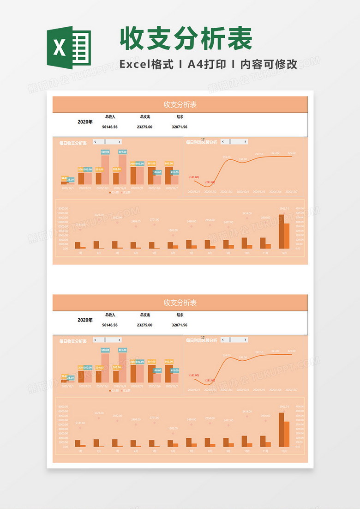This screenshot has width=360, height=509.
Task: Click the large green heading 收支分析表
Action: [186, 38]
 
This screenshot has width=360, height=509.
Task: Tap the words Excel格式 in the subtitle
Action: [146, 65]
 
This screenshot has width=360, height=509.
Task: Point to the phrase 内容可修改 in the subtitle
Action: [269, 65]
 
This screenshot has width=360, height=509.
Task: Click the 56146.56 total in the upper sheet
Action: [110, 127]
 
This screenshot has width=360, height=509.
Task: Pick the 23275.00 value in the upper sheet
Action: [145, 127]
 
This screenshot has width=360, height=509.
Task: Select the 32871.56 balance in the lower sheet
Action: [180, 325]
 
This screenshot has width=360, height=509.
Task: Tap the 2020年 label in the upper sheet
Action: [85, 122]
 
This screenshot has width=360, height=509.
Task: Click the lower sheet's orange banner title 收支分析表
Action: [180, 303]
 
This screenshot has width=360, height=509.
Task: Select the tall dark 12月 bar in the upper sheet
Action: [282, 231]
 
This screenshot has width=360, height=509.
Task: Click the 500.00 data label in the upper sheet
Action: [105, 152]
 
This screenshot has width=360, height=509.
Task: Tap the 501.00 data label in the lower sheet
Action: [122, 350]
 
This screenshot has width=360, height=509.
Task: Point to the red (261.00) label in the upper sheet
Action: [210, 182]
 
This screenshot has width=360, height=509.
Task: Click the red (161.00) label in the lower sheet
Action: [194, 376]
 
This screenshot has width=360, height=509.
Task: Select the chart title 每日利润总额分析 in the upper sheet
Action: [201, 142]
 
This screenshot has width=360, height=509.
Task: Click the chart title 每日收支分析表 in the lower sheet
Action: [73, 342]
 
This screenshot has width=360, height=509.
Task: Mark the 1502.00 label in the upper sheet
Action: [173, 230]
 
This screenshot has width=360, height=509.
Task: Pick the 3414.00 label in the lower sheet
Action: [247, 411]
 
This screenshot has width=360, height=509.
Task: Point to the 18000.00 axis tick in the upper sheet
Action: [62, 208]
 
